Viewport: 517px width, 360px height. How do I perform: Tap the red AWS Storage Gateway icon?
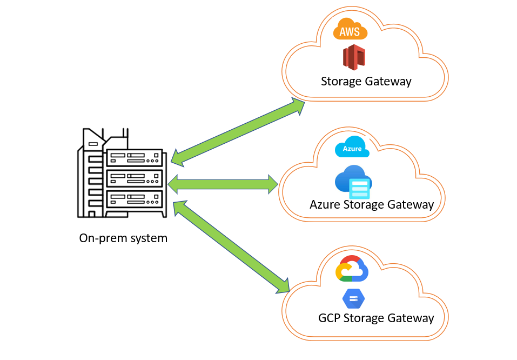pos(354,57)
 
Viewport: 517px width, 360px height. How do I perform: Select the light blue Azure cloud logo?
pos(352,147)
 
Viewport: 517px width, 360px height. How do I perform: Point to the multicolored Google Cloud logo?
pos(352,269)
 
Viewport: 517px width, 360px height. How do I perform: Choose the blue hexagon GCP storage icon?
pos(354,298)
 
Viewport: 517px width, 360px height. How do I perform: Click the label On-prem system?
pos(123,238)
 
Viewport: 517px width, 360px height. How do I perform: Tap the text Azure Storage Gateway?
pos(371,204)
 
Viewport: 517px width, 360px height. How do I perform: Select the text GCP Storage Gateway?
pos(375,318)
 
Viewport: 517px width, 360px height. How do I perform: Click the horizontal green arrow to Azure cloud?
pos(223,184)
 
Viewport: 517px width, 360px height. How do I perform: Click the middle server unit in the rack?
pos(135,178)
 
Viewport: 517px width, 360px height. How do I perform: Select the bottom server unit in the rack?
pos(135,198)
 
